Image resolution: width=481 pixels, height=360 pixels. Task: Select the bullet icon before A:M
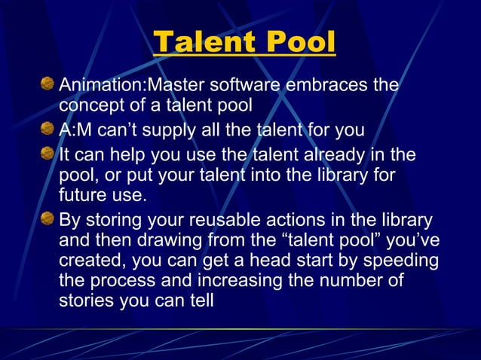[x=48, y=130]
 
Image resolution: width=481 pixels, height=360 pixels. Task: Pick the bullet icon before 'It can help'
[x=48, y=154]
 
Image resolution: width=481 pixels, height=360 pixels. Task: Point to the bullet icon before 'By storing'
[x=48, y=220]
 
